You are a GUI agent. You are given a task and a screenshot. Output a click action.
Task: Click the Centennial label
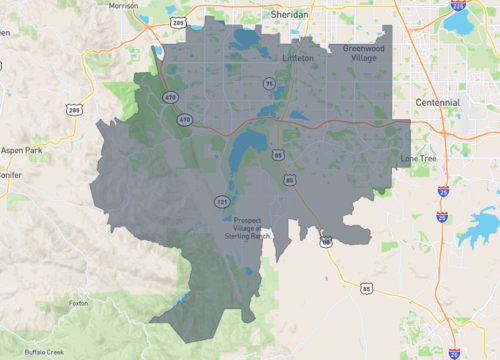[438, 102]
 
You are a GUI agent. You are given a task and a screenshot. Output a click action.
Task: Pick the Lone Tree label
[419, 158]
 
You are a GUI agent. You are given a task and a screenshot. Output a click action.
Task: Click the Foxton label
[79, 302]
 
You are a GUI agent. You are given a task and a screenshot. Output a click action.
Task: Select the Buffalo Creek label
[45, 352]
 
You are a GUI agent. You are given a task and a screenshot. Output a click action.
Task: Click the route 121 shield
[222, 202]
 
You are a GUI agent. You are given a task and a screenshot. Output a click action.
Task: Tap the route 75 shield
[269, 83]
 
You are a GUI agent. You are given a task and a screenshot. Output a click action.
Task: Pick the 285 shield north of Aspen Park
[74, 108]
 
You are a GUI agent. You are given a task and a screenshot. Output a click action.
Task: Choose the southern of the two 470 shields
[184, 119]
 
